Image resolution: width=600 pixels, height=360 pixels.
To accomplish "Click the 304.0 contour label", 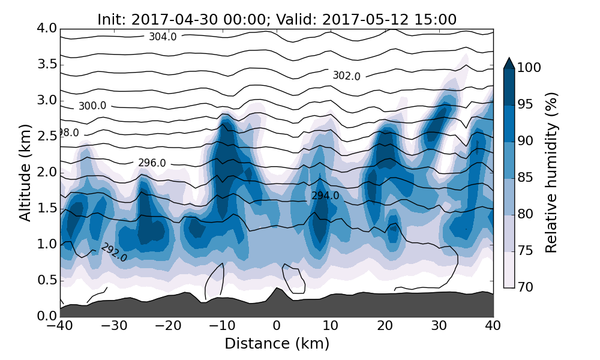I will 163,37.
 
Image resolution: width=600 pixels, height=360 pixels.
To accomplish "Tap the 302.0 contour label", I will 346,76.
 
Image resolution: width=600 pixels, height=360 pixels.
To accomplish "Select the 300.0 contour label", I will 92,106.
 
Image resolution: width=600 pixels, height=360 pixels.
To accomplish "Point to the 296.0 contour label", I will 152,163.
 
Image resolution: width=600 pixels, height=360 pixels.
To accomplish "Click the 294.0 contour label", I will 325,196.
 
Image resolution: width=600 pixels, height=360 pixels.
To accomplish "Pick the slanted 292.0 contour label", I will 114,252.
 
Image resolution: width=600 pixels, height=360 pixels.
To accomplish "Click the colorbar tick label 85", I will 526,178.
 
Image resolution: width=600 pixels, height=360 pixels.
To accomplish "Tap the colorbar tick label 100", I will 529,68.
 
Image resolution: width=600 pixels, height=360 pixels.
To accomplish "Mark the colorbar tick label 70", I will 526,287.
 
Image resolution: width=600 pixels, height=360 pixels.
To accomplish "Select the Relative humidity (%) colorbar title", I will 552,173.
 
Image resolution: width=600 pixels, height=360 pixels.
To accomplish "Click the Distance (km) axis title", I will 277,344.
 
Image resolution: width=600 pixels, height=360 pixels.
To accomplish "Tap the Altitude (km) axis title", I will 25,173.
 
